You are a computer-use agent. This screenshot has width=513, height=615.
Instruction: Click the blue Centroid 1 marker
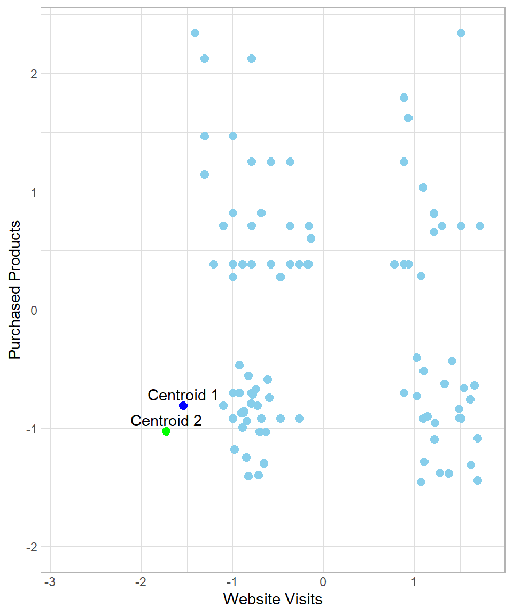point(183,406)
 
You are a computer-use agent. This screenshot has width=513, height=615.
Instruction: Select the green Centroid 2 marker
point(166,431)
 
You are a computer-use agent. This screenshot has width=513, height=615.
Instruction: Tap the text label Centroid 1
point(183,395)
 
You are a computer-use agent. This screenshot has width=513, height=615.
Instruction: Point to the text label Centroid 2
point(166,421)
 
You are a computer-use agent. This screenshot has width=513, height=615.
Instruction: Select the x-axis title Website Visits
point(273,599)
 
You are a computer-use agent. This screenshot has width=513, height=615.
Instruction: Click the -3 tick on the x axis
point(49,581)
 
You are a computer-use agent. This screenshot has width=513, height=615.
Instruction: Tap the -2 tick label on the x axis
point(140,581)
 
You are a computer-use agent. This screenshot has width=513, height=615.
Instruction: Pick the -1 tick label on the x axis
point(231,581)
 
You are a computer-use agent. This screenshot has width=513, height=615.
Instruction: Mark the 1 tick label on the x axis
point(414,581)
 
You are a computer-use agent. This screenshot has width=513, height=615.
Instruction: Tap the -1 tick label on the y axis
point(30,429)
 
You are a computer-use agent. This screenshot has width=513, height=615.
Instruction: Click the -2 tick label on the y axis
point(30,547)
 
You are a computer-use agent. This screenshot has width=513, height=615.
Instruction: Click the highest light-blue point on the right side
point(461,33)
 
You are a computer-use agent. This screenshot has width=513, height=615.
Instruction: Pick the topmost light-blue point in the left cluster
point(195,33)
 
